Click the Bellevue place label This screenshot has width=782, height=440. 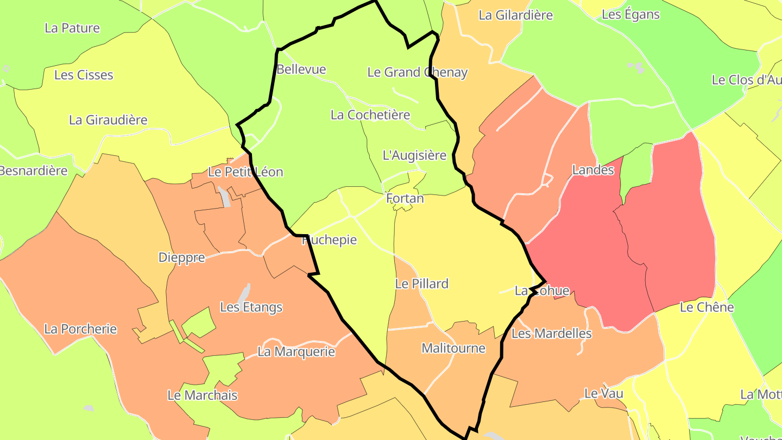point(301,70)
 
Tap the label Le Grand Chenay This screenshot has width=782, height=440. point(417,72)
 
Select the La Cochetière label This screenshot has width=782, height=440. point(370,115)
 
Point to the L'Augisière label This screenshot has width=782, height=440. point(414,155)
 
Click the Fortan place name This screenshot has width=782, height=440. point(405,199)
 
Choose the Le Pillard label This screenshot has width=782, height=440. point(421,284)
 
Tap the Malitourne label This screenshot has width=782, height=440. point(453,348)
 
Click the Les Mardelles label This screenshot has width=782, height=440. point(551,334)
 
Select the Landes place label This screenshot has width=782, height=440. point(592,170)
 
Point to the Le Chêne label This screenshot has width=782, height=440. point(707,307)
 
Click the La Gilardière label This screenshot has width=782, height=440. point(515,15)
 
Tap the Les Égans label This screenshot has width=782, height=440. point(630,15)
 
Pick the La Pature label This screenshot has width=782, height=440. point(72,28)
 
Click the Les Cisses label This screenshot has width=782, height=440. point(84,75)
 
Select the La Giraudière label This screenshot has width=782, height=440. point(108,120)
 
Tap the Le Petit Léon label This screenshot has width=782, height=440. point(245,172)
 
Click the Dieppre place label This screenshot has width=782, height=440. point(181,257)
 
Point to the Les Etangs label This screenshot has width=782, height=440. point(251,307)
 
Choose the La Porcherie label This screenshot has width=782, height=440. point(80,329)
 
